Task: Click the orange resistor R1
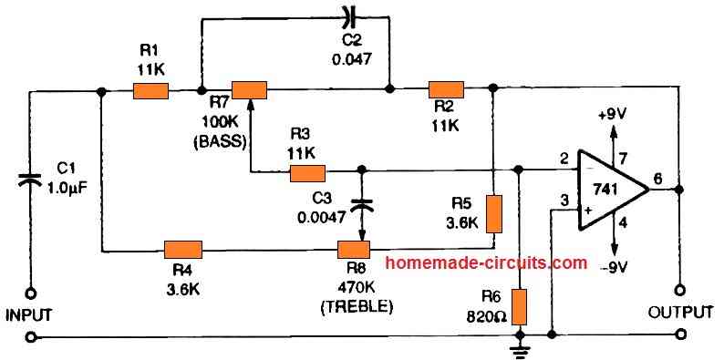(x=150, y=90)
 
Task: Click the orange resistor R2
(x=447, y=88)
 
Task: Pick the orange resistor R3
(x=307, y=171)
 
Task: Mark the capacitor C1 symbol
(x=30, y=182)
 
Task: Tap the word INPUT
(x=30, y=315)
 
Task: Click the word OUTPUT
(x=679, y=313)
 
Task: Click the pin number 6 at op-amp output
(x=658, y=180)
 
